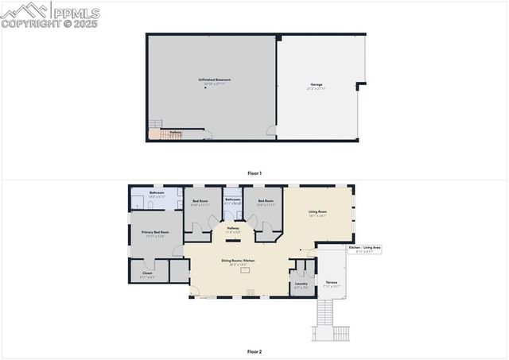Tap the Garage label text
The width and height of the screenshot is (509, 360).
point(317,84)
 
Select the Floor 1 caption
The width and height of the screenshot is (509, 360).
point(254,172)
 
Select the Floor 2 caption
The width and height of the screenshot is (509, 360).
point(254,350)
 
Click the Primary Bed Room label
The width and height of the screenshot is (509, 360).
point(156,233)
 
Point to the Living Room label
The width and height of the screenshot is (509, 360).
point(318,212)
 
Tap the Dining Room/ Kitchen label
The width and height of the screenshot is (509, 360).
point(238,261)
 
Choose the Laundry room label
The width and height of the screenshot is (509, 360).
point(301,284)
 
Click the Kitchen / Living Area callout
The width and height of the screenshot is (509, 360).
point(365,249)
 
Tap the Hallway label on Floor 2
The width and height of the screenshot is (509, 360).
point(233,229)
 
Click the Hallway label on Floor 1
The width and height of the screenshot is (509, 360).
point(176,133)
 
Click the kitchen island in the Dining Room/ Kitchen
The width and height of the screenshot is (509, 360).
point(246,270)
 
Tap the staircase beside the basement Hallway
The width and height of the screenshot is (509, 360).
point(156,128)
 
